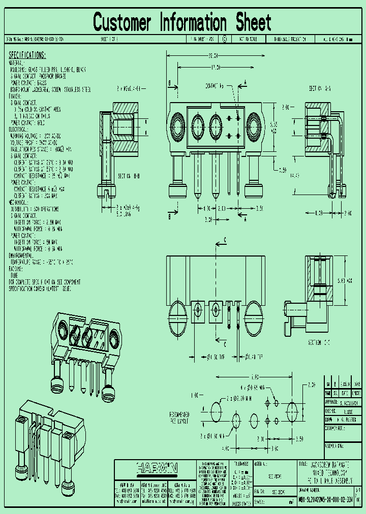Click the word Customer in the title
pyautogui.click(x=122, y=23)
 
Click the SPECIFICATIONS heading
pyautogui.click(x=27, y=55)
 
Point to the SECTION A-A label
pyautogui.click(x=320, y=88)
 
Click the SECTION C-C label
pyautogui.click(x=320, y=342)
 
